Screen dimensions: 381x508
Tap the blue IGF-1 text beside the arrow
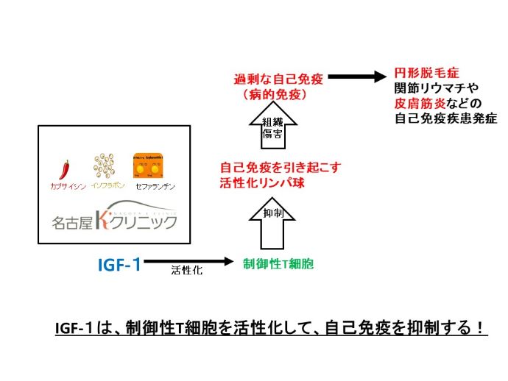click(119, 263)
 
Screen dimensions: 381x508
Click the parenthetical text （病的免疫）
click(274, 95)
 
